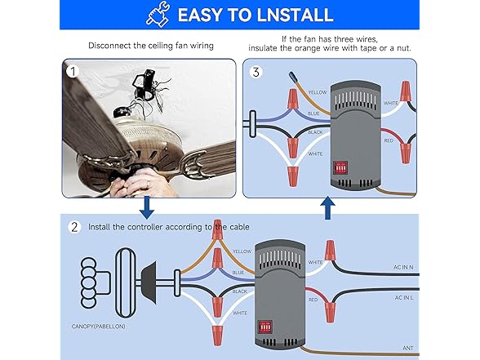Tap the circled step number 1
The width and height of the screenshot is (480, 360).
[x=75, y=72]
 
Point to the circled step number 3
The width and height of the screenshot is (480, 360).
[x=256, y=72]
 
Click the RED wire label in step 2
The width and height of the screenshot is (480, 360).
[x=313, y=300]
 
